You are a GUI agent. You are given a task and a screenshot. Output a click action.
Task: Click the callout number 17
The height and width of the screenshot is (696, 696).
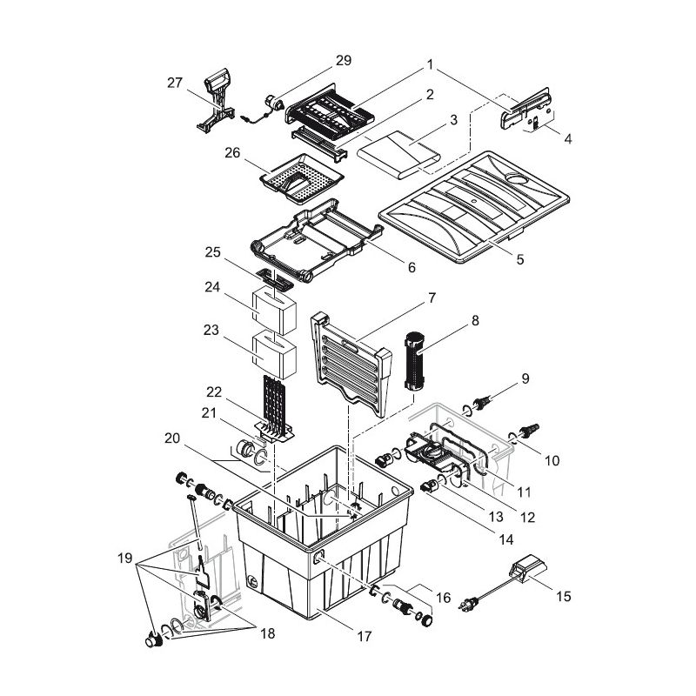tap(365, 637)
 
